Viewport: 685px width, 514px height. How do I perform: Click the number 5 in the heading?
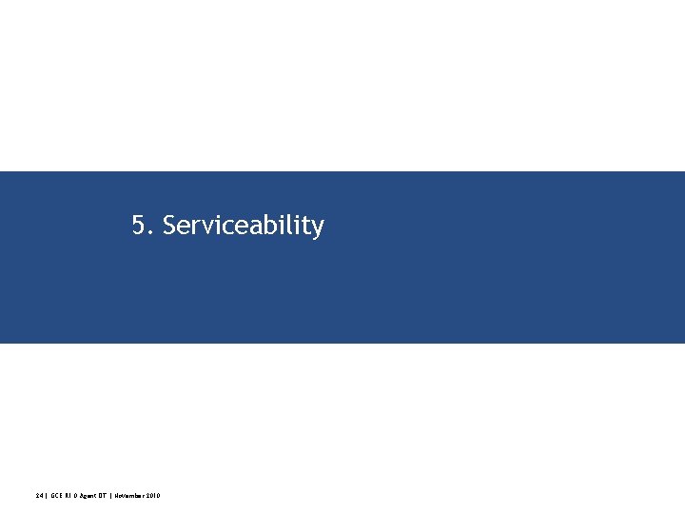click(139, 226)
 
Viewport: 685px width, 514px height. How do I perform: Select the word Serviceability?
click(243, 226)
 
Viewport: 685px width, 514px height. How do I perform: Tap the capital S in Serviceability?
click(169, 226)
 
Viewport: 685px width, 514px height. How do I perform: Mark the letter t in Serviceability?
click(304, 226)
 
